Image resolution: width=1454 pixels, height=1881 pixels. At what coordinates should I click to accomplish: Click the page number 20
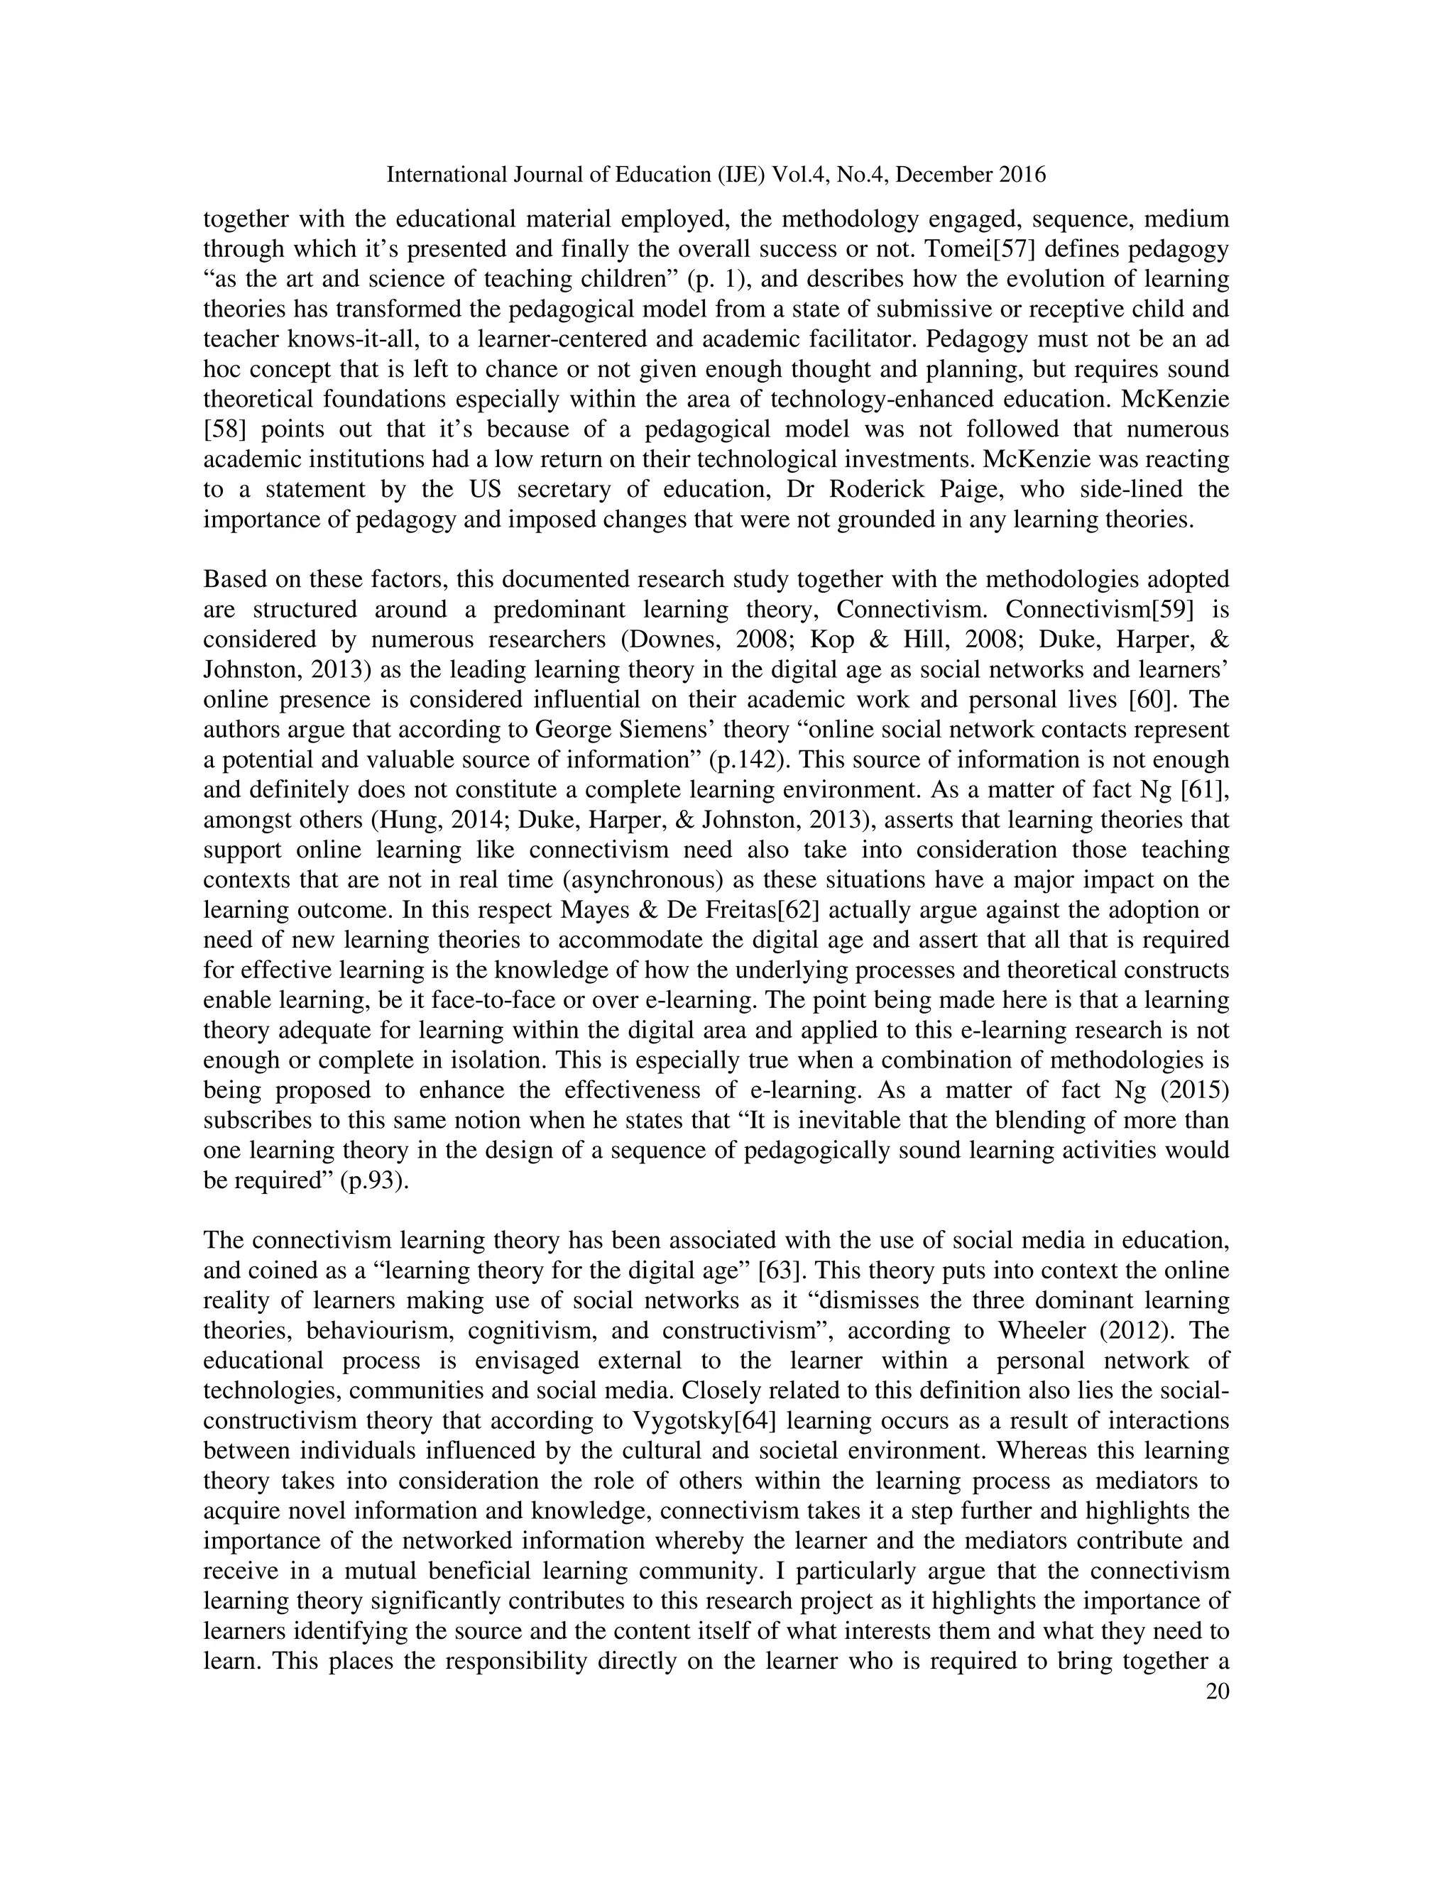[1217, 1691]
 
